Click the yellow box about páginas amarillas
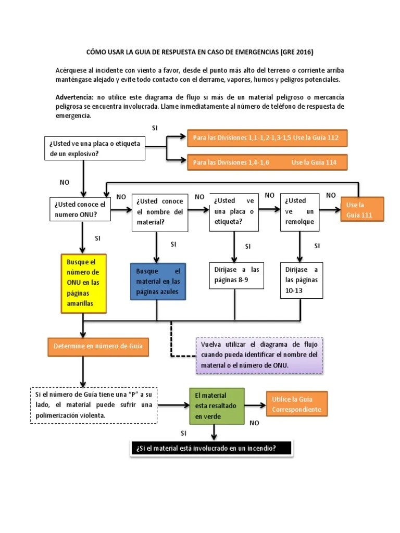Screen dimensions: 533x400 pyautogui.click(x=83, y=283)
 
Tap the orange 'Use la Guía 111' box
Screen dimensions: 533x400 pyautogui.click(x=362, y=209)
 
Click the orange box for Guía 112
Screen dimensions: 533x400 pyautogui.click(x=266, y=138)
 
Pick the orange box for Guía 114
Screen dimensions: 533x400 pyautogui.click(x=266, y=162)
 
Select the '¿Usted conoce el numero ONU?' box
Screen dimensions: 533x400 pyautogui.click(x=80, y=209)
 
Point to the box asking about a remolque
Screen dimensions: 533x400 pyautogui.click(x=299, y=213)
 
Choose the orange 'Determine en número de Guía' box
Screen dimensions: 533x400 pyautogui.click(x=98, y=345)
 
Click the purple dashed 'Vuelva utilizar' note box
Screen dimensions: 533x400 pyautogui.click(x=259, y=355)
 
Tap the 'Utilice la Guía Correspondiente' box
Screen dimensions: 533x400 pyautogui.click(x=296, y=404)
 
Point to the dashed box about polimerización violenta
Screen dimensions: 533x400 pyautogui.click(x=94, y=405)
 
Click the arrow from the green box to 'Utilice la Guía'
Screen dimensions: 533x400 pyautogui.click(x=254, y=405)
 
